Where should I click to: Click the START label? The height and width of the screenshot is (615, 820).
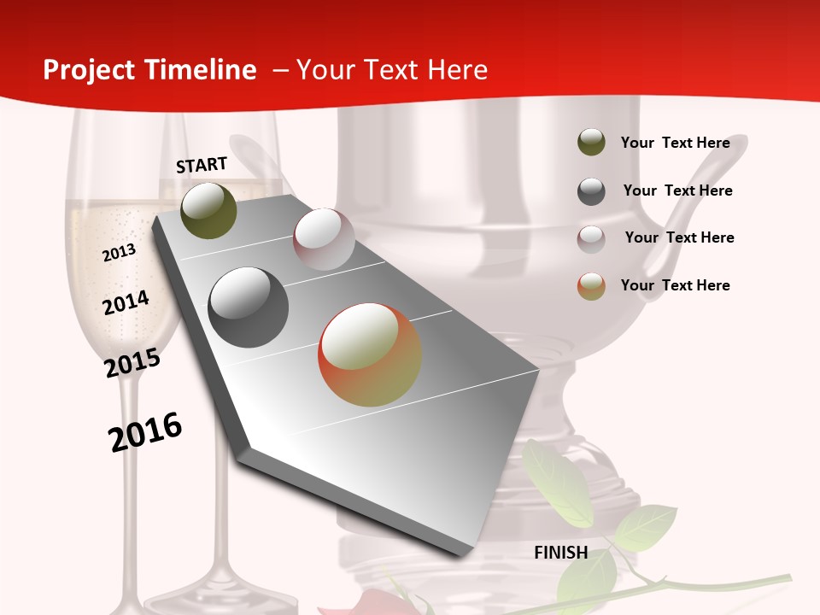[x=202, y=165]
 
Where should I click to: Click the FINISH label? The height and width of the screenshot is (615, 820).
[x=561, y=553]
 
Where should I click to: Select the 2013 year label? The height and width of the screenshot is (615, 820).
[x=119, y=252]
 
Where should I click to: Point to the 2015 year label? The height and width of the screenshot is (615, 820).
[x=132, y=362]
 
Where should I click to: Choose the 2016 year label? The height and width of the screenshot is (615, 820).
[x=145, y=431]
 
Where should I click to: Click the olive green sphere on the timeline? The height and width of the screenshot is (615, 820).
[x=208, y=210]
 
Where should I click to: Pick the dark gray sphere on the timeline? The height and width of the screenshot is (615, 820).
[x=248, y=307]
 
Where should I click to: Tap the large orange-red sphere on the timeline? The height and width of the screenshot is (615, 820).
[x=369, y=354]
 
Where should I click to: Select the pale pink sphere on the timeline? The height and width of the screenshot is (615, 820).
[x=324, y=239]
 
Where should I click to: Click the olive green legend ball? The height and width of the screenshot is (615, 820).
[x=591, y=143]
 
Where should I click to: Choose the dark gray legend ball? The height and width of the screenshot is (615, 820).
[x=591, y=191]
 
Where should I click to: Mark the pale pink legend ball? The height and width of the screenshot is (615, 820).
[x=591, y=239]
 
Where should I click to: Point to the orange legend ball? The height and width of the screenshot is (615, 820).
[x=591, y=286]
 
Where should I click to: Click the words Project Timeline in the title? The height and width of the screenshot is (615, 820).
[x=149, y=70]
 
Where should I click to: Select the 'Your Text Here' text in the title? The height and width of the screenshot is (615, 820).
[x=391, y=70]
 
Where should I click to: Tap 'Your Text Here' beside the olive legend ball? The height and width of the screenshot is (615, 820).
[x=675, y=143]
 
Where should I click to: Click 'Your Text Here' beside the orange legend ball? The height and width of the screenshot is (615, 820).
[x=675, y=285]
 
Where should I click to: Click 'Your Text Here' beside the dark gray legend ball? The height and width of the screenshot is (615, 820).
[x=677, y=190]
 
